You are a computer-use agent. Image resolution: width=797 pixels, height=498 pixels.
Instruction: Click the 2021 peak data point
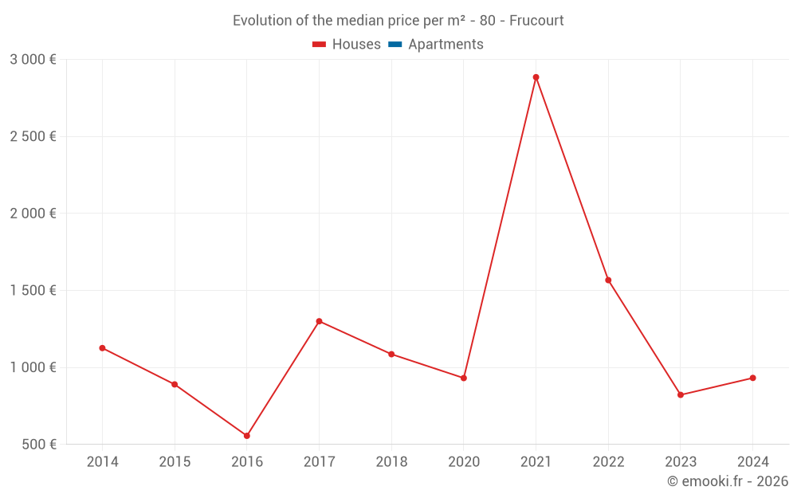pyautogui.click(x=536, y=77)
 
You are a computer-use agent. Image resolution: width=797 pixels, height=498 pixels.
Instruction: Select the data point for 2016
pyautogui.click(x=247, y=436)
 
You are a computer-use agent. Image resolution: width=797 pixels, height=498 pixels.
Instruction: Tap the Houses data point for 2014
pyautogui.click(x=102, y=348)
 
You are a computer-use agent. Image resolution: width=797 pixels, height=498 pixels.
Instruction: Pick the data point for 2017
pyautogui.click(x=319, y=321)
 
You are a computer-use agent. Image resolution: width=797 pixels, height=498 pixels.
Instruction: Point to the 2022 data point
pyautogui.click(x=608, y=280)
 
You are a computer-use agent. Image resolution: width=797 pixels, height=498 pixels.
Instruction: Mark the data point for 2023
pyautogui.click(x=681, y=395)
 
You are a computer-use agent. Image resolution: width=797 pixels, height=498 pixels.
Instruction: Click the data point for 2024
pyautogui.click(x=752, y=378)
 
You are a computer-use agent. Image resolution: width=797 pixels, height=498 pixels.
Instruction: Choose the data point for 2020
pyautogui.click(x=464, y=378)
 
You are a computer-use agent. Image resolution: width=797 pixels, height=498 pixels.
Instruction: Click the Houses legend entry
pyautogui.click(x=347, y=45)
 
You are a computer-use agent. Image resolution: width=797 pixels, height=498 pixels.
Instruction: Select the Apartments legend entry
pyautogui.click(x=436, y=45)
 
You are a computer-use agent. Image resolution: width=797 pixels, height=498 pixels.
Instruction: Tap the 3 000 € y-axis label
pyautogui.click(x=33, y=60)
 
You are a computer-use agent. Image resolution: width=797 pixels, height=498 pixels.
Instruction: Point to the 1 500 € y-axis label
pyautogui.click(x=33, y=291)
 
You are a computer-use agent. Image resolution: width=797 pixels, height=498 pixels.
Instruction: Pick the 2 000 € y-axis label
pyautogui.click(x=33, y=214)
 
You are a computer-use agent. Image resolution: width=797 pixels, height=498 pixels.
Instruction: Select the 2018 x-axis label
pyautogui.click(x=391, y=462)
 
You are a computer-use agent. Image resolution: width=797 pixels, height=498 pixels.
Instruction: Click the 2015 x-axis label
pyautogui.click(x=175, y=462)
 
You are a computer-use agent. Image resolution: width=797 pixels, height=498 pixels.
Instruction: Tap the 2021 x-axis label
pyautogui.click(x=536, y=462)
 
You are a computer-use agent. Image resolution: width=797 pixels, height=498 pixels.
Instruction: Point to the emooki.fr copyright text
pyautogui.click(x=728, y=481)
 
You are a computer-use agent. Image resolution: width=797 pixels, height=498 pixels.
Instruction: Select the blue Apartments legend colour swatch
pyautogui.click(x=395, y=45)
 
